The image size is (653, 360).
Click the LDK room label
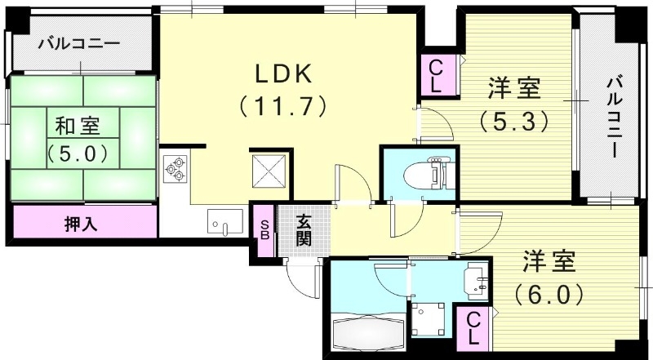click(x=282, y=73)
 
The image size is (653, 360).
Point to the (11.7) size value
click(x=282, y=105)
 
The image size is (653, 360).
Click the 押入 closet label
click(x=82, y=222)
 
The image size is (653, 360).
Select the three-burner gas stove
click(x=175, y=170)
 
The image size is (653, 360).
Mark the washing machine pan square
click(x=429, y=319)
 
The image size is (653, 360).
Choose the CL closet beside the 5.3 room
click(x=436, y=74)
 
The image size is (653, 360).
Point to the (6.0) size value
click(x=549, y=292)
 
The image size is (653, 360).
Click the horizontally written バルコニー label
click(x=79, y=43)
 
